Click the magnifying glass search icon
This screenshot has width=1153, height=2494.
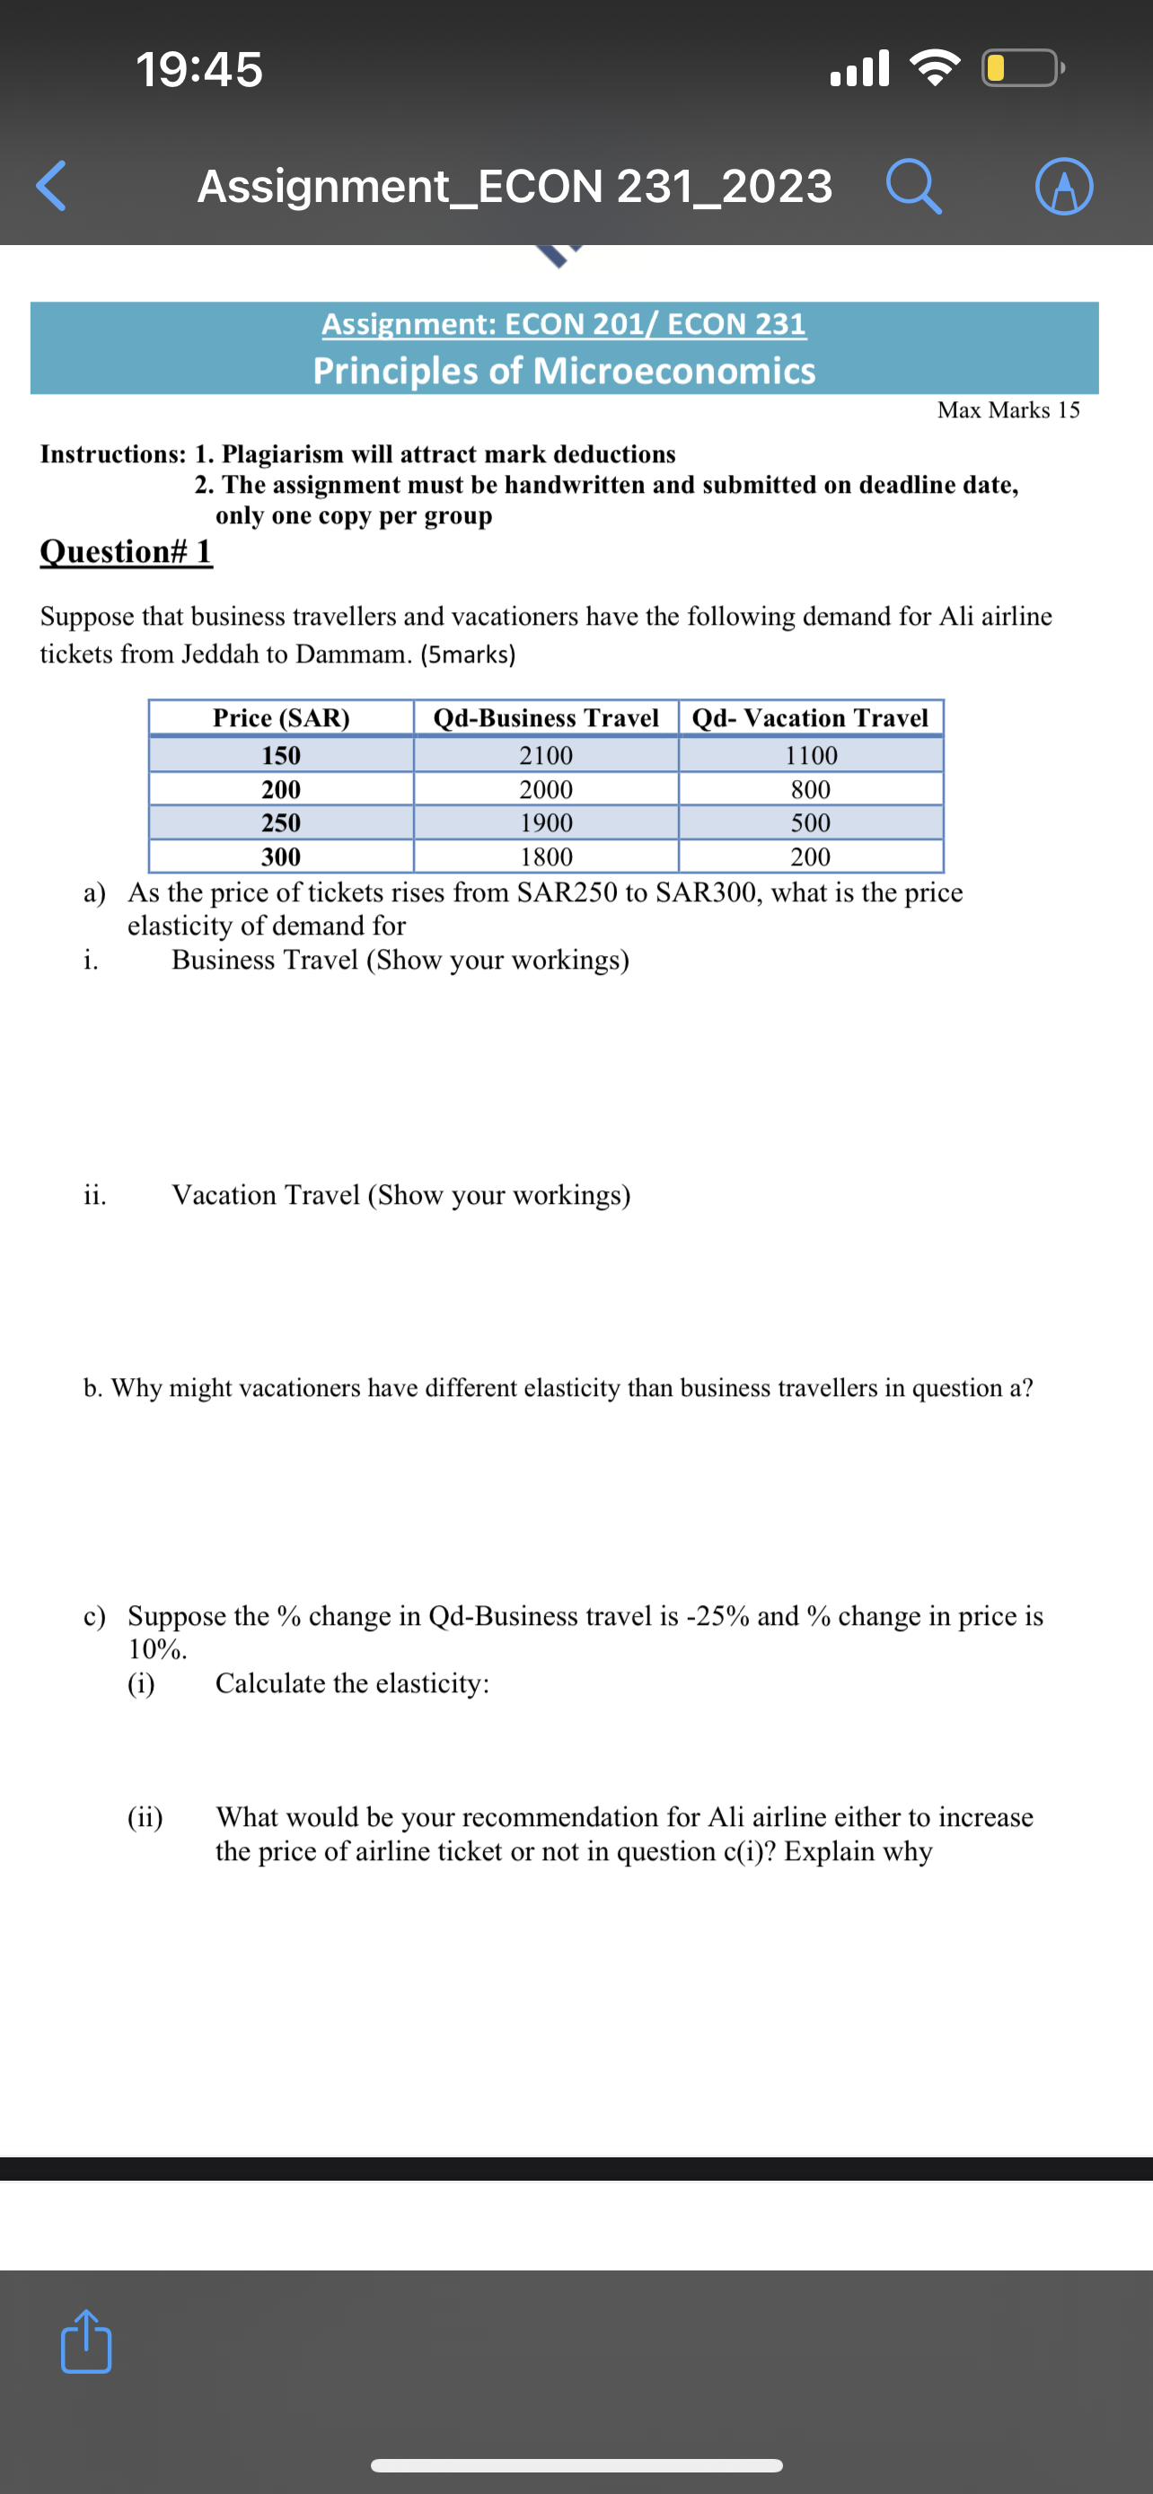913,186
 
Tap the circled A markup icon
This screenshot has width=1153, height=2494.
1064,186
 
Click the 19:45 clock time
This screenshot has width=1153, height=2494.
198,70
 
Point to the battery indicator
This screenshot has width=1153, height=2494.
1021,69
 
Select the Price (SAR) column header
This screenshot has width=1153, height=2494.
281,717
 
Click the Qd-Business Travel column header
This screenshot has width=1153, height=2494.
545,717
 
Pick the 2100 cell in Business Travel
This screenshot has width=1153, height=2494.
545,755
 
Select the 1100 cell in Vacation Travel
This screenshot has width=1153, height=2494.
810,755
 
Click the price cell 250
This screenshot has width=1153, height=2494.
281,823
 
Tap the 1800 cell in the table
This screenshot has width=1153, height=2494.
545,856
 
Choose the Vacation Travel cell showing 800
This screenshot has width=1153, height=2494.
810,789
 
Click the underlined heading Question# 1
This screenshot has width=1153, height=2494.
126,551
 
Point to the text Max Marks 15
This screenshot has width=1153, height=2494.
1008,409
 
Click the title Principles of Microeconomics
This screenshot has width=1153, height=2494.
563,370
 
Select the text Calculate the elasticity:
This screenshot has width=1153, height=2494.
351,1683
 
